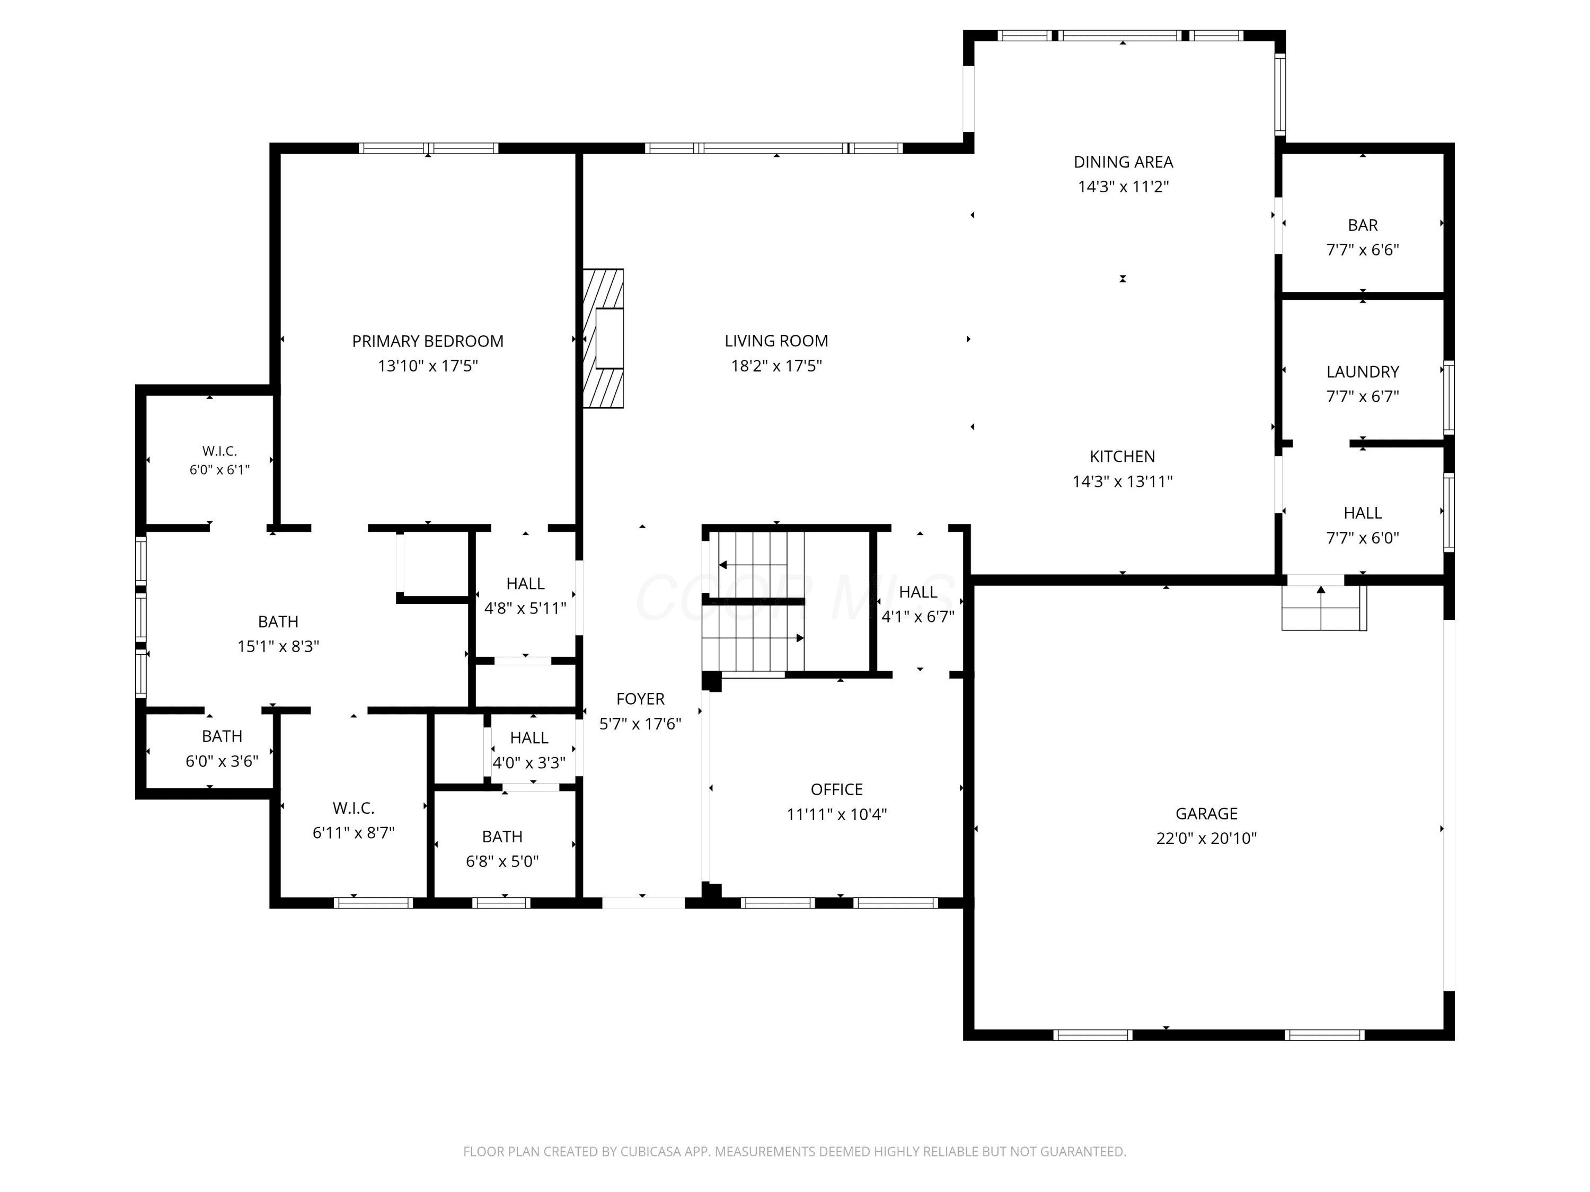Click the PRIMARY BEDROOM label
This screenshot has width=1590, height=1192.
coord(428,341)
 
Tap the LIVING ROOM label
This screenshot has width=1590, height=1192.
coord(776,341)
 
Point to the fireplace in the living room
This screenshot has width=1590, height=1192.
coord(603,339)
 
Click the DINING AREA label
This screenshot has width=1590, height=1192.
coord(1124,163)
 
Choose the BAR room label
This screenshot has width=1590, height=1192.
coord(1363,226)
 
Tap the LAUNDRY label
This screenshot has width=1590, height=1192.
coord(1363,372)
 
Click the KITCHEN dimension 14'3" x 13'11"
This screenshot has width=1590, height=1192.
coord(1123,482)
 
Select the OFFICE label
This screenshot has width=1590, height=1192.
coord(837,790)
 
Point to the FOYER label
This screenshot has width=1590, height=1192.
coord(640,699)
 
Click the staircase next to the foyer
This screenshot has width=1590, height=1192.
coord(753,601)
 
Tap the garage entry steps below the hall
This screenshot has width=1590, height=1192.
coord(1324,608)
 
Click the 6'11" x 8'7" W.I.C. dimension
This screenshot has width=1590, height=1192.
coord(354,833)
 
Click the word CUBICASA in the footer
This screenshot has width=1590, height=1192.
coord(651,1152)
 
